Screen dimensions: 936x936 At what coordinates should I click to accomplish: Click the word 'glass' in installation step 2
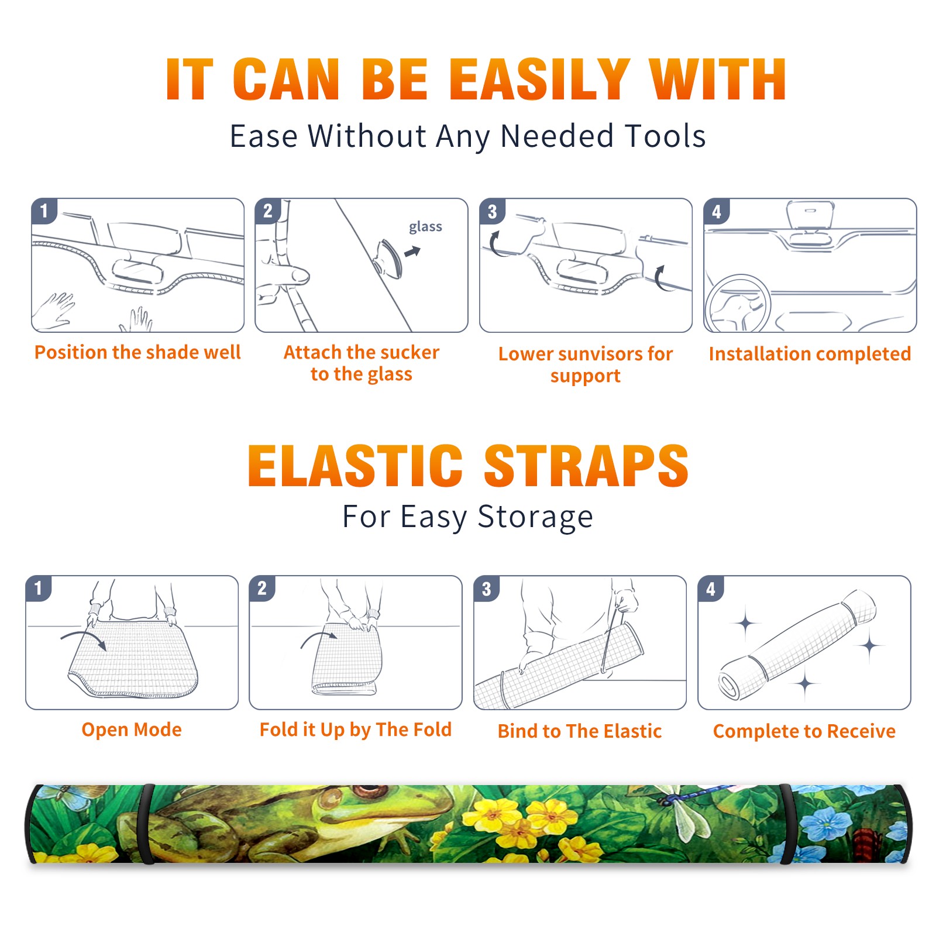pos(425,227)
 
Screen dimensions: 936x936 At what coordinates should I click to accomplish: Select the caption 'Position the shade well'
pos(137,352)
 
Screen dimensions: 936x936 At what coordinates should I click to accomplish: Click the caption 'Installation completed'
pos(810,353)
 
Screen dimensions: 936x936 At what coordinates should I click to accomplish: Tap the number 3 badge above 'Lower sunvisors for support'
pos(492,211)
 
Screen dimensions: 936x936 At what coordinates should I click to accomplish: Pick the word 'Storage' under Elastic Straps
pos(535,517)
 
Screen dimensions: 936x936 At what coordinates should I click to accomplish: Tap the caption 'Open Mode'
pos(132,729)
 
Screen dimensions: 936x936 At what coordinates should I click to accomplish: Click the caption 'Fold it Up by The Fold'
pos(356,729)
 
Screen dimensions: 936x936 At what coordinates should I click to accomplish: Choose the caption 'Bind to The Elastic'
pos(579,731)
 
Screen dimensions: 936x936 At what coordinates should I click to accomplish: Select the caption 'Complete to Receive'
pos(804,731)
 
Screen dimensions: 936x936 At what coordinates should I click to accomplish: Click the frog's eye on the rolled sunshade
pos(369,792)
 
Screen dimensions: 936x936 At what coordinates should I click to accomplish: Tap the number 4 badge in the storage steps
pos(711,589)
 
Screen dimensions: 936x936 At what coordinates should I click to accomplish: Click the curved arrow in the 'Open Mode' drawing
pos(84,636)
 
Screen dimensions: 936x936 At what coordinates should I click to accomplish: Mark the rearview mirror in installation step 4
pos(810,215)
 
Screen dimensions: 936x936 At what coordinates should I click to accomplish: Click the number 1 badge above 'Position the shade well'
pos(44,211)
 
